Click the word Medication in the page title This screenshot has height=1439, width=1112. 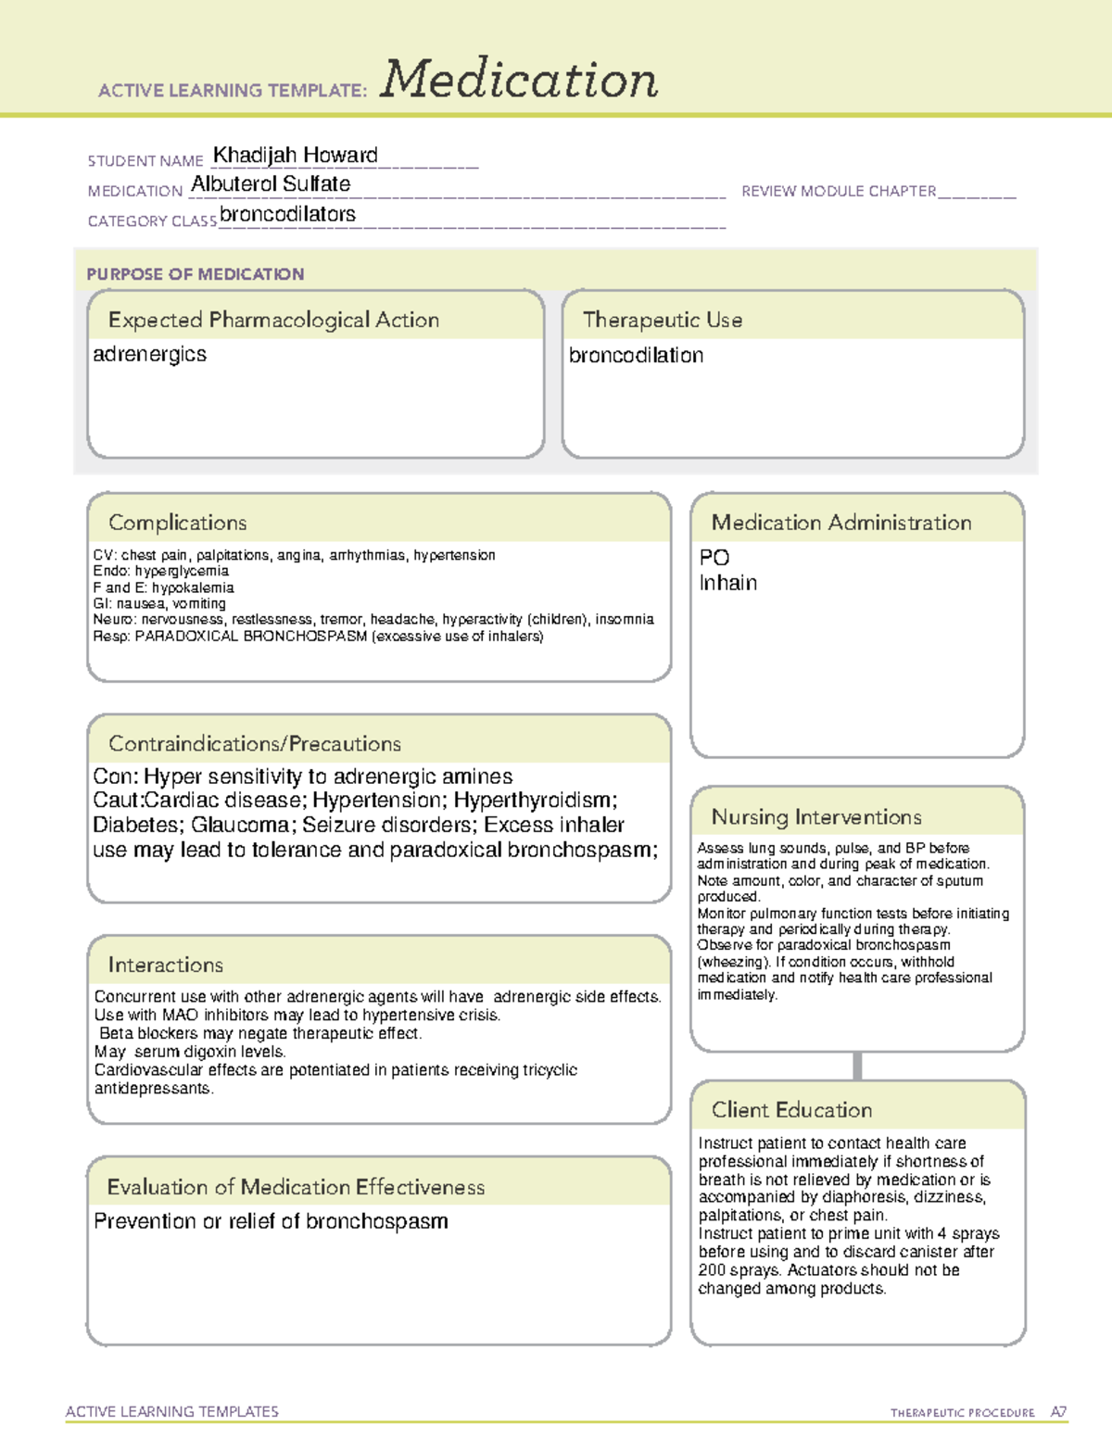pos(519,80)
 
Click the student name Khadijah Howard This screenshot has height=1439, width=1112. pos(295,155)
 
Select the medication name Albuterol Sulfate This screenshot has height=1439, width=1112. pos(271,184)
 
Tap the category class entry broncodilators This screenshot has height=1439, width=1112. pos(287,214)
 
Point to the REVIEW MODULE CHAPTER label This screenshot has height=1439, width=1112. pos(839,191)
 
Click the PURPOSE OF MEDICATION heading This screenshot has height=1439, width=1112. pos(195,274)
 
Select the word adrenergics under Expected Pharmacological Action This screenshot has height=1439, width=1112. pos(149,354)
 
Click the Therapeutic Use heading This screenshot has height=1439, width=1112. pos(662,320)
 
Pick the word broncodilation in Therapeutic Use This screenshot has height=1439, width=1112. pos(636,355)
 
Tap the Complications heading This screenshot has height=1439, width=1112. pos(177,523)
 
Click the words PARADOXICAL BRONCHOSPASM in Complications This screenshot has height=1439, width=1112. pos(250,637)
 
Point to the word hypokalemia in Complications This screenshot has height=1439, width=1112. pos(193,587)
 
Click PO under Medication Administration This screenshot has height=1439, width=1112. pos(714,557)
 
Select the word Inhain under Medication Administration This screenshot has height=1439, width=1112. pos(727,583)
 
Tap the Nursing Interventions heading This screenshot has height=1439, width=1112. pos(815,817)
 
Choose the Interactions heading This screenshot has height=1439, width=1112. pos(165,965)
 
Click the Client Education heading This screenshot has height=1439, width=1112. pos(791,1110)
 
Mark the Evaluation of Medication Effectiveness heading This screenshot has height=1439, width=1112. pos(296,1187)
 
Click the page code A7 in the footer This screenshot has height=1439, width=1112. pos(1058,1412)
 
